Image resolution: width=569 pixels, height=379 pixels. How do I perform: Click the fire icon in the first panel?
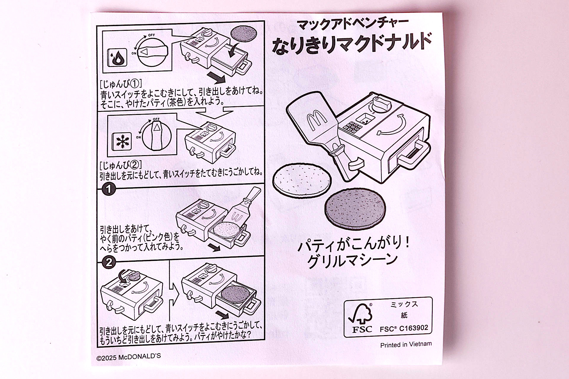117,57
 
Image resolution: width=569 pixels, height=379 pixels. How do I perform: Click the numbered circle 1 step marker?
108,189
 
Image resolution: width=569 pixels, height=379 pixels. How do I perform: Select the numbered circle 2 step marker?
108,262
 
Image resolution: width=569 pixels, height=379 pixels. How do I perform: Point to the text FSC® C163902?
404,328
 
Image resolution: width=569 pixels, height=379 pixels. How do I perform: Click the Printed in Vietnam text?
406,345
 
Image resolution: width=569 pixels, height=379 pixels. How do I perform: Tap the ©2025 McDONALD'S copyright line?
129,357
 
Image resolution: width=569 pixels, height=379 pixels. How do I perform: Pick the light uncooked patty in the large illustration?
302,180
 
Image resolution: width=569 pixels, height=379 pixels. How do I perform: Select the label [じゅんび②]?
121,165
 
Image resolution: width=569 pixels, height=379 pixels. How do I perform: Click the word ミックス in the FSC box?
404,304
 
